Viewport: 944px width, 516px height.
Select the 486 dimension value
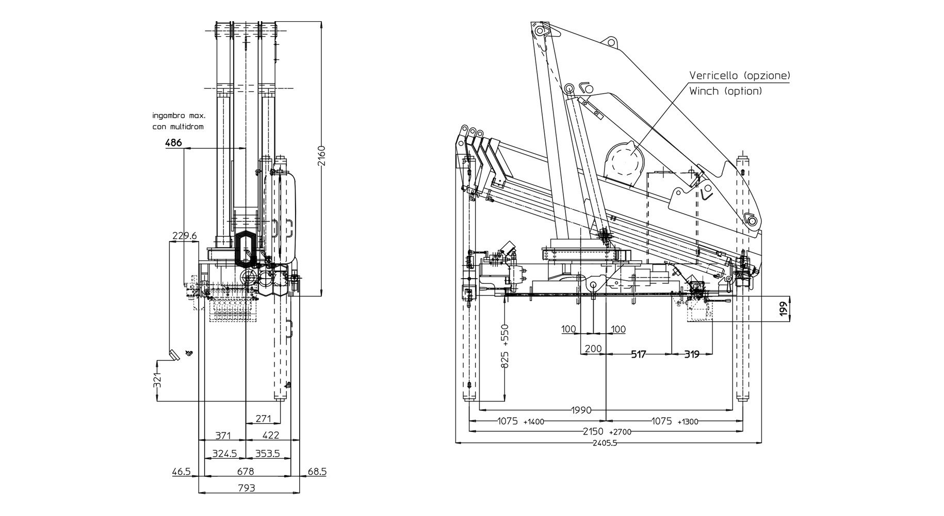tap(173, 142)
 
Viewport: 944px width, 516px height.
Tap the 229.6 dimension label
tap(184, 236)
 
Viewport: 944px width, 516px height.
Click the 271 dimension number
tap(263, 418)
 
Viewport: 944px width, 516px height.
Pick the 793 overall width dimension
tap(247, 488)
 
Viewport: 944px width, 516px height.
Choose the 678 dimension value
tap(246, 472)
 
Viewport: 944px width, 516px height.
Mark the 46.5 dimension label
tap(181, 472)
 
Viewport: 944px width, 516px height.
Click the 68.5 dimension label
tap(317, 472)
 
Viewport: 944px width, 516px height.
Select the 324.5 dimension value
tap(224, 454)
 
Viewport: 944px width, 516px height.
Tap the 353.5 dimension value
tap(267, 454)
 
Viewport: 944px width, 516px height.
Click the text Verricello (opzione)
tap(740, 75)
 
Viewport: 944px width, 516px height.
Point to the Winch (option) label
tap(725, 91)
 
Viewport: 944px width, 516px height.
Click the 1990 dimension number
tap(581, 411)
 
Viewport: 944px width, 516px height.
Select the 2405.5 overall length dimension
tap(604, 443)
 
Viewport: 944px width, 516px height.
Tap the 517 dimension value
tap(639, 354)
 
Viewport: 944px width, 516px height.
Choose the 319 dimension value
tap(692, 354)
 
